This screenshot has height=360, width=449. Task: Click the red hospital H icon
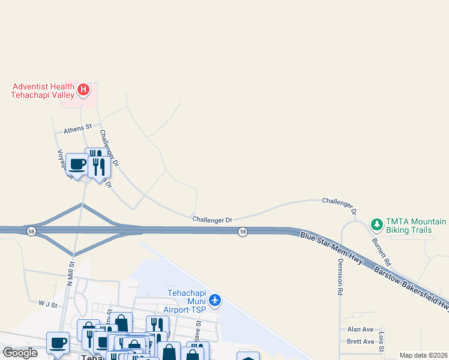(x=83, y=91)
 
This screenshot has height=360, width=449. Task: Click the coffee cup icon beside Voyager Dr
(x=77, y=164)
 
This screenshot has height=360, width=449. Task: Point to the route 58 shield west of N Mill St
(x=31, y=230)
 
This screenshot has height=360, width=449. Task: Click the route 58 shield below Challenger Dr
(x=243, y=232)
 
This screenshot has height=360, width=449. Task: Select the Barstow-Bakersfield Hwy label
(x=412, y=288)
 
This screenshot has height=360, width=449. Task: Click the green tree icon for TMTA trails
(x=377, y=224)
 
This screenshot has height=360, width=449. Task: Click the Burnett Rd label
(x=381, y=253)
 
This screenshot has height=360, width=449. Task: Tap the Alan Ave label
(x=361, y=329)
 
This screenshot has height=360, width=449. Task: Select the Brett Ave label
(x=361, y=341)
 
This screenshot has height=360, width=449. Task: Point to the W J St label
(x=47, y=305)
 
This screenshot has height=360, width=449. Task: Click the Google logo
(x=20, y=353)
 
